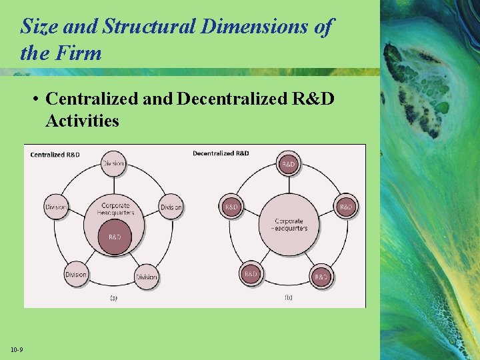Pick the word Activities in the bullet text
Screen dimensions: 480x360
pos(82,121)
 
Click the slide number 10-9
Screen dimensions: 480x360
pos(17,350)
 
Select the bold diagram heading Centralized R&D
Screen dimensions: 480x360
pos(55,155)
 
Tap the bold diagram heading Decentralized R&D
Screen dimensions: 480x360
pos(221,153)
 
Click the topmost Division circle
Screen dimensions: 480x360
pos(113,164)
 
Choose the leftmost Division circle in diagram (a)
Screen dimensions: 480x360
pos(56,207)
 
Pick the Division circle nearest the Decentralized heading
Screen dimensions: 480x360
pos(171,207)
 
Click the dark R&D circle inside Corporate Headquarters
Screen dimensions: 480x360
pos(115,237)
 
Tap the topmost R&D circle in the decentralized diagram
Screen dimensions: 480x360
pos(289,164)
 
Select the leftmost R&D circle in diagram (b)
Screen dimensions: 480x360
pos(231,207)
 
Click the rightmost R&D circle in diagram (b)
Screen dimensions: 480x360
pos(346,207)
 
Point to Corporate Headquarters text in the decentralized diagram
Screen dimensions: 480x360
pos(289,224)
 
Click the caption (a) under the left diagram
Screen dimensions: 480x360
pos(113,297)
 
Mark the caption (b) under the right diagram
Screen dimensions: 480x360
pos(288,297)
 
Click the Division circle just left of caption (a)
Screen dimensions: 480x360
pos(76,275)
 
